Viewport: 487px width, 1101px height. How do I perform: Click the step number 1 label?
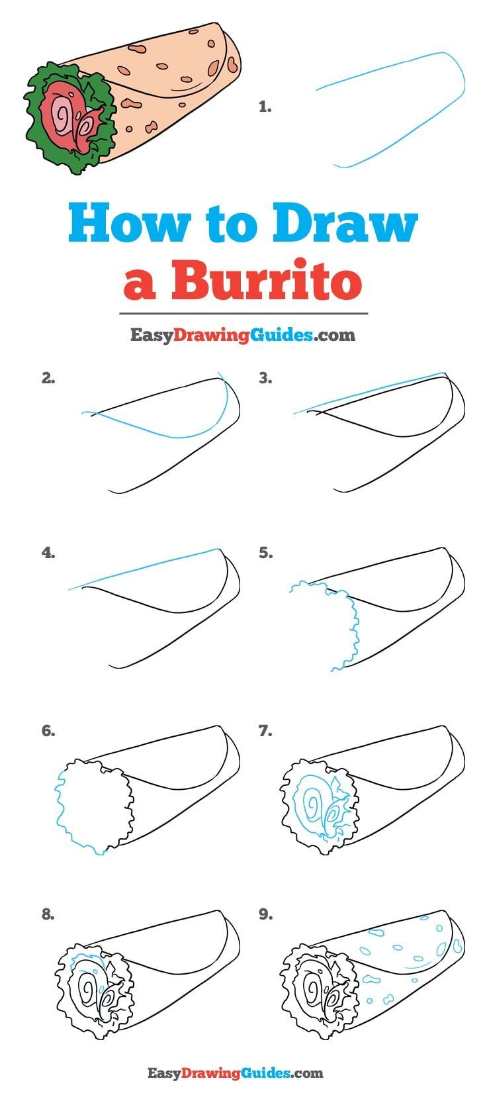pyautogui.click(x=265, y=107)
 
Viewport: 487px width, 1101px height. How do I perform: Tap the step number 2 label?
pyautogui.click(x=48, y=379)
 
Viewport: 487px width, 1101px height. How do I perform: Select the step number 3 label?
pyautogui.click(x=265, y=379)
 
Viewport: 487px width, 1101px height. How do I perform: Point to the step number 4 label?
pyautogui.click(x=48, y=553)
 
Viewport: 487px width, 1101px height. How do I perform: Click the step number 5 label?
pyautogui.click(x=265, y=553)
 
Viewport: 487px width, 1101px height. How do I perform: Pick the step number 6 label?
pyautogui.click(x=48, y=731)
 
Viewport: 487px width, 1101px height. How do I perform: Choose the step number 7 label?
pyautogui.click(x=265, y=731)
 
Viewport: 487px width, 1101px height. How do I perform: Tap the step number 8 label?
pyautogui.click(x=48, y=914)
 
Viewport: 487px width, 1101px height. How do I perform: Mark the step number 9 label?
pyautogui.click(x=265, y=914)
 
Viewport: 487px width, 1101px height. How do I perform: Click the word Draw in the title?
pyautogui.click(x=344, y=225)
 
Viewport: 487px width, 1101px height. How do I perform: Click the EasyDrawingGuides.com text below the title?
pyautogui.click(x=242, y=335)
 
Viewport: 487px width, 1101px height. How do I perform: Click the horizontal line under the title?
pyautogui.click(x=243, y=314)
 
